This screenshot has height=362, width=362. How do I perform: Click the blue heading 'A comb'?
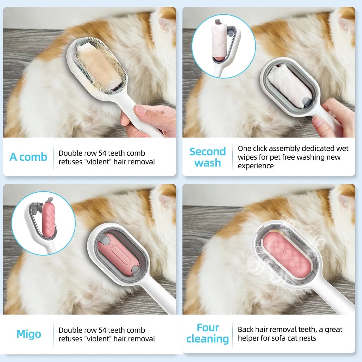pos(28,157)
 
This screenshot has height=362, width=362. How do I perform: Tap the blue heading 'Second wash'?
pos(207,157)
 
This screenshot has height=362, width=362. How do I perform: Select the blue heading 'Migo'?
pos(29,334)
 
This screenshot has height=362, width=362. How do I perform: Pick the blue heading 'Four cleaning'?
pos(207,333)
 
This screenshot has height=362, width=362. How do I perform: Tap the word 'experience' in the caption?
pos(256,166)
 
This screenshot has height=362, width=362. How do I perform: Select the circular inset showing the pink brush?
pos(43,223)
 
